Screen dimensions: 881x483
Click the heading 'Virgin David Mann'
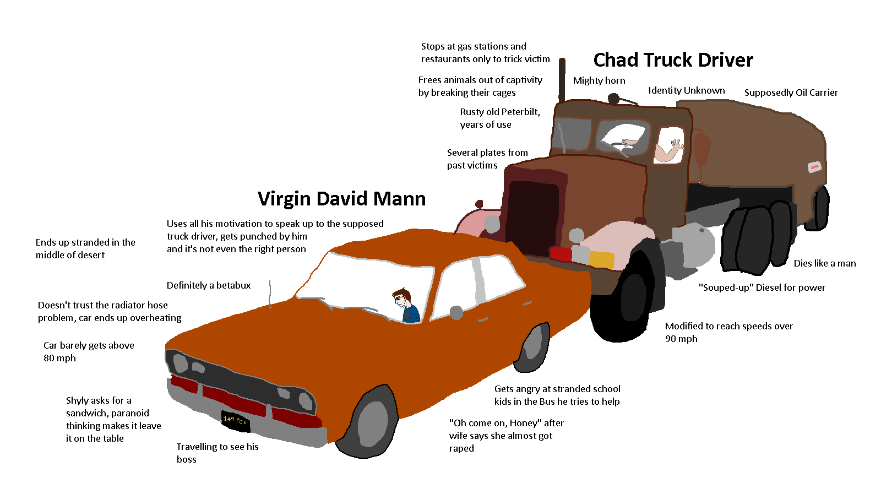tap(341, 199)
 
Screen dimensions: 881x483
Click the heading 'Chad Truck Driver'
tap(673, 60)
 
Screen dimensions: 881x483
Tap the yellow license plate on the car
tap(235, 421)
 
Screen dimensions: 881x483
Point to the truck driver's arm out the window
tap(668, 151)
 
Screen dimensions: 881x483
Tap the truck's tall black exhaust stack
tap(562, 80)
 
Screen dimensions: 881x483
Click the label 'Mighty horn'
tap(599, 80)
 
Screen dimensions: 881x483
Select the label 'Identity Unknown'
tap(686, 90)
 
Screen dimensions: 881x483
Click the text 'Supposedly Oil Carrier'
tap(791, 93)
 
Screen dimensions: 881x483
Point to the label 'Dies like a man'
tap(824, 263)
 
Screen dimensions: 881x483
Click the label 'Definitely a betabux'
tap(209, 285)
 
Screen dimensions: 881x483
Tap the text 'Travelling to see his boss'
tap(217, 453)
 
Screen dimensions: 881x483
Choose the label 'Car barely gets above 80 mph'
tap(89, 351)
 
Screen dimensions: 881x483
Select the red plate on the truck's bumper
tap(561, 254)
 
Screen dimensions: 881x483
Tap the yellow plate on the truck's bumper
tap(601, 259)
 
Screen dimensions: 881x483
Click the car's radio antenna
tap(270, 293)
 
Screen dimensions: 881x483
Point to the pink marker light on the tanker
tap(814, 166)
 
